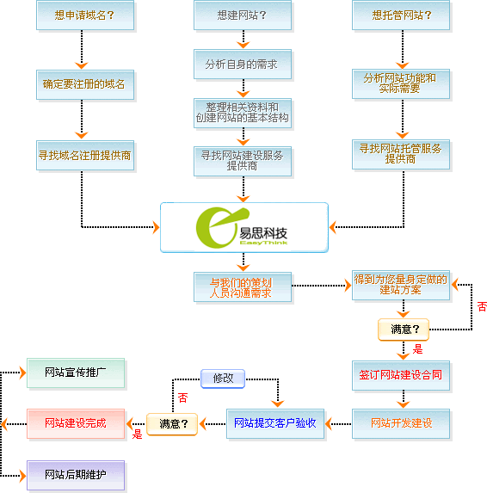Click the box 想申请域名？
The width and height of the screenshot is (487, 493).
(85, 15)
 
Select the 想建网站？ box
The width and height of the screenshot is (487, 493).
(243, 15)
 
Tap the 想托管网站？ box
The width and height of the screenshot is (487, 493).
(401, 15)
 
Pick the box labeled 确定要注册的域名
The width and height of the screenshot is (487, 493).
(85, 84)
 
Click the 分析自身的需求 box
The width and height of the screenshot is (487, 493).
(243, 65)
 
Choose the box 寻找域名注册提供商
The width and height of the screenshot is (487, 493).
(85, 156)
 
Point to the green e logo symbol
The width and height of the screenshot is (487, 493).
(221, 227)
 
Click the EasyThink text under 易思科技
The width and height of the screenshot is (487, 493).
(263, 243)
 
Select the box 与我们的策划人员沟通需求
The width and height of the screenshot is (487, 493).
(243, 287)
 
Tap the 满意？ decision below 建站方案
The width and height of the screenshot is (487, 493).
(404, 330)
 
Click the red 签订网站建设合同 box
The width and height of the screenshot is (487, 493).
(401, 375)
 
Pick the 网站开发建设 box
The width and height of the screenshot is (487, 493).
(401, 423)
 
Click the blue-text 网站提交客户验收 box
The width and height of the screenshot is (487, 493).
(275, 423)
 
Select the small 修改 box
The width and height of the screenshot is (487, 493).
(223, 379)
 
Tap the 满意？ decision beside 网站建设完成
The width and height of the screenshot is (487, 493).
(172, 424)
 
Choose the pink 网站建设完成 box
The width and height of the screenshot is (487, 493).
(76, 423)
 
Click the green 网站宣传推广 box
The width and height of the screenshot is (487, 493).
(76, 373)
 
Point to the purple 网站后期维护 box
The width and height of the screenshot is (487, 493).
(76, 475)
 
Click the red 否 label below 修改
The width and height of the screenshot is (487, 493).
(182, 397)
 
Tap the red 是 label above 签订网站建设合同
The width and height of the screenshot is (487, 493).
(417, 349)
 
